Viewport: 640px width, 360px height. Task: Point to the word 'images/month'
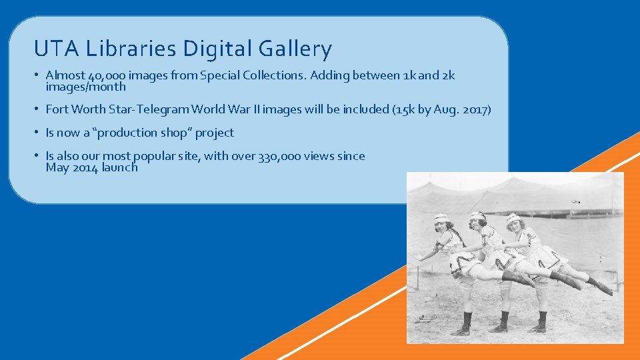(x=85, y=87)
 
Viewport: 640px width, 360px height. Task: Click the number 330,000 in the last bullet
(x=279, y=156)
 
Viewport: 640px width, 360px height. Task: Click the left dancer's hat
(x=441, y=218)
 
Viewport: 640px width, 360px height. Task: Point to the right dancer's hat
(x=513, y=219)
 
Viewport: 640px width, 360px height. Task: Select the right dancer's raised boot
(x=602, y=287)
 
